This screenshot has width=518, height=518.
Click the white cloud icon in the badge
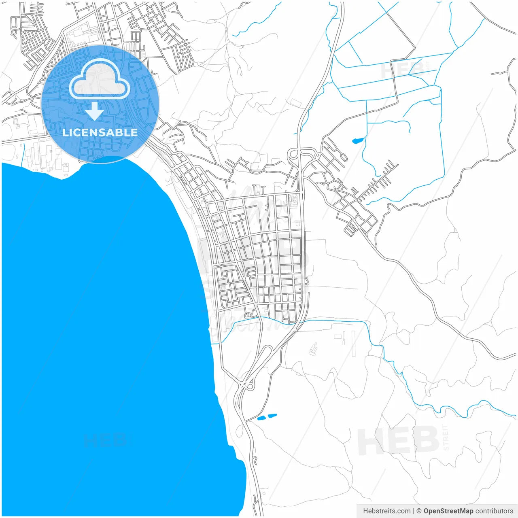click(x=100, y=80)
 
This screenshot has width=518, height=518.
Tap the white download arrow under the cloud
click(x=95, y=111)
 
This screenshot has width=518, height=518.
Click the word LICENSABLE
click(x=100, y=132)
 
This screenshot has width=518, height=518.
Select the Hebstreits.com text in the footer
click(x=386, y=511)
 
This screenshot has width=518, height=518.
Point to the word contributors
click(x=494, y=511)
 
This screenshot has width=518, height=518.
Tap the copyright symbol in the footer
click(x=419, y=511)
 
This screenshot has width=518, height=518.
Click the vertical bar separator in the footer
click(x=413, y=511)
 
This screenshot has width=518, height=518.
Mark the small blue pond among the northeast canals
click(x=358, y=141)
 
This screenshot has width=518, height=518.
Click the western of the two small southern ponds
click(x=261, y=418)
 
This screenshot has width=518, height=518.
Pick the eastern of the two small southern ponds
click(x=272, y=415)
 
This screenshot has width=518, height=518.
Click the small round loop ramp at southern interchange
click(x=250, y=386)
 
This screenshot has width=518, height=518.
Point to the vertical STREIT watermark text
click(x=446, y=437)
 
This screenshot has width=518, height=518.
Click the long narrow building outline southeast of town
click(x=353, y=344)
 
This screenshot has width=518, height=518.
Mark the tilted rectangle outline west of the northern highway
click(x=296, y=103)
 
